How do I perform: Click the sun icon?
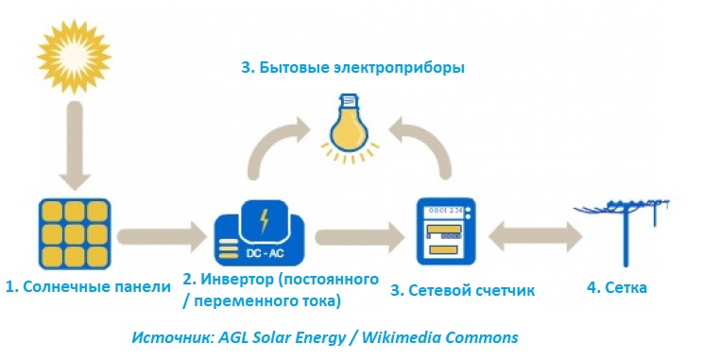coord(74,57)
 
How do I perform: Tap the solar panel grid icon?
coord(75,234)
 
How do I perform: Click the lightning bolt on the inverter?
coord(264,220)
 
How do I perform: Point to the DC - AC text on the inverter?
coord(265,254)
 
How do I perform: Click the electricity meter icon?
coord(446,231)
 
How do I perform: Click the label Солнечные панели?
coord(96,287)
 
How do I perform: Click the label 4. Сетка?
coord(617,287)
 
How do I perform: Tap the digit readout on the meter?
coord(446,211)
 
